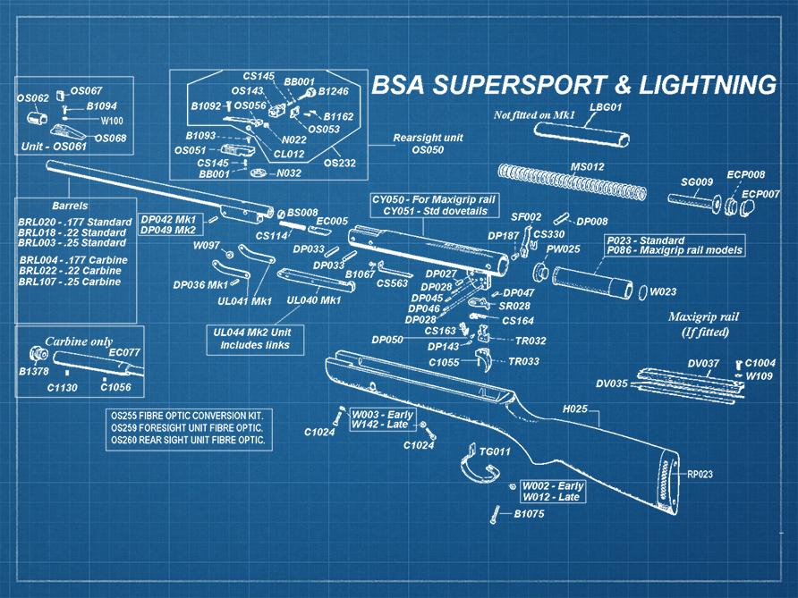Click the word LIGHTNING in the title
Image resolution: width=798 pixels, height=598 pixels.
click(x=698, y=85)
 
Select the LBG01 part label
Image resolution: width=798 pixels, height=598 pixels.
click(x=606, y=107)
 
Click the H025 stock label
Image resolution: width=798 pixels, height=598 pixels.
click(x=574, y=408)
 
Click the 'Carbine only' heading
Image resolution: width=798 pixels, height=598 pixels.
click(x=79, y=341)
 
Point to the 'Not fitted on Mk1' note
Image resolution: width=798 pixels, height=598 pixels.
click(x=533, y=115)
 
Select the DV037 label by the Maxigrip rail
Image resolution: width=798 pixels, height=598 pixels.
click(x=703, y=363)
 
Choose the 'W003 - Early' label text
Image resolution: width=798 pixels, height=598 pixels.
click(x=381, y=415)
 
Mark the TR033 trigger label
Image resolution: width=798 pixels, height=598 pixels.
click(x=523, y=361)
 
